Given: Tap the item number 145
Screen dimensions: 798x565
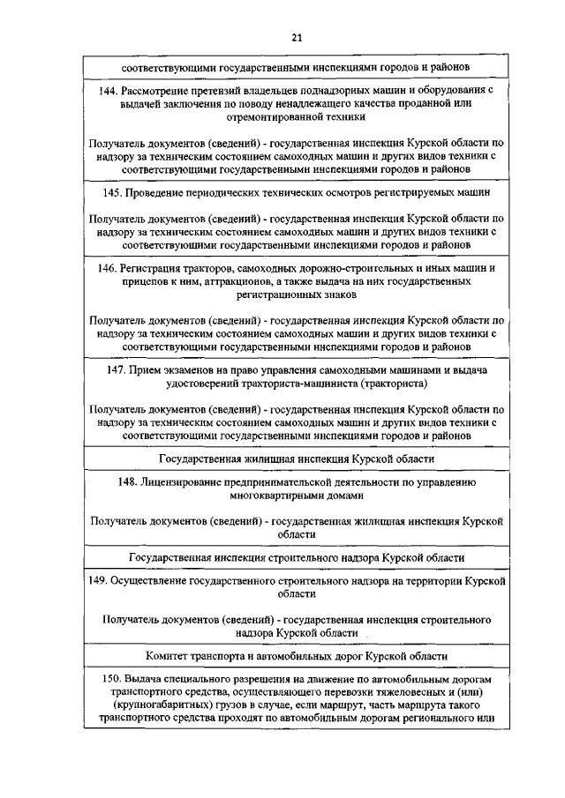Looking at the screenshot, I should coord(113,190).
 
